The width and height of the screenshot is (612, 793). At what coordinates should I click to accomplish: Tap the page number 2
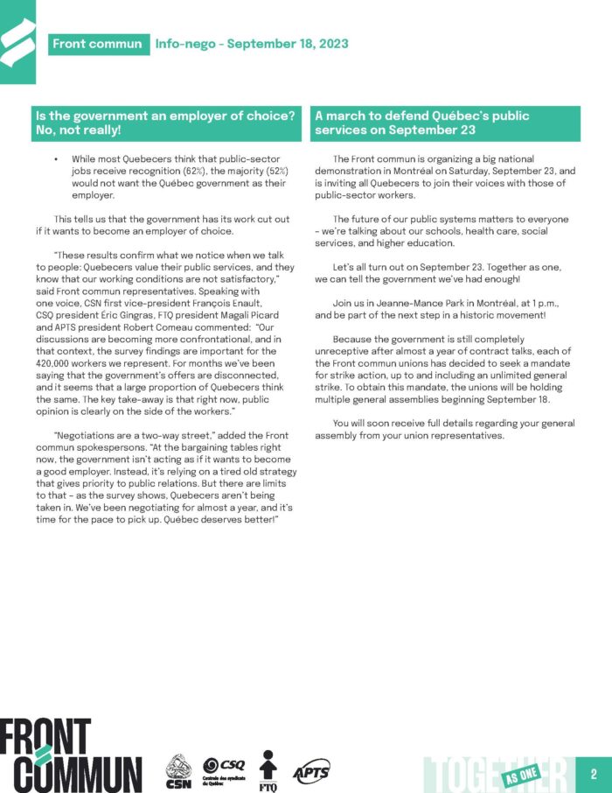594,774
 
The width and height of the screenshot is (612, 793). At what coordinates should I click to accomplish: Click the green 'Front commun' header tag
97,43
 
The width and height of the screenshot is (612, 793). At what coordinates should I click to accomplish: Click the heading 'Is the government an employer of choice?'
164,116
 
